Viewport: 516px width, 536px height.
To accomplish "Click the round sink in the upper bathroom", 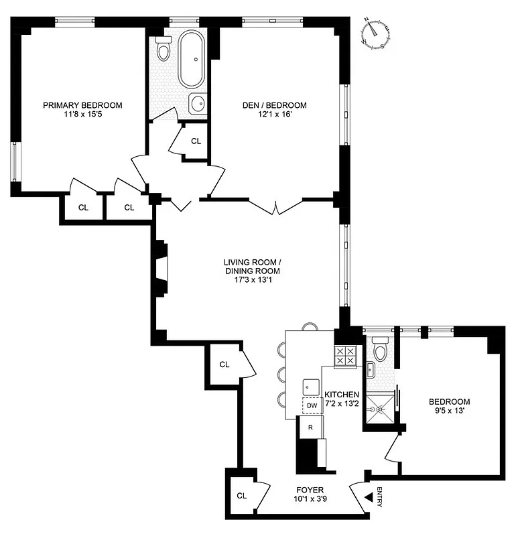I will coord(197,104).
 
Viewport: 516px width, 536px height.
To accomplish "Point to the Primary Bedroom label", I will coord(82,105).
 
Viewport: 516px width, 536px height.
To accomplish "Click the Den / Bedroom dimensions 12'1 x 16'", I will coord(274,115).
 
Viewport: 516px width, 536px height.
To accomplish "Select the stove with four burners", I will coord(346,356).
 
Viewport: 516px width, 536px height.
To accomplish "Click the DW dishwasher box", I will coord(312,405).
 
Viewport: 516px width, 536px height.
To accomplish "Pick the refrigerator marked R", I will coord(310,426).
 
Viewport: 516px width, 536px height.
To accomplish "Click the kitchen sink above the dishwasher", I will coord(311,386).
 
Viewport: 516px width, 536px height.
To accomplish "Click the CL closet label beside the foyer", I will coord(241,496).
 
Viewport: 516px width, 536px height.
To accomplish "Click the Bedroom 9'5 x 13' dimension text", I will coord(449,411).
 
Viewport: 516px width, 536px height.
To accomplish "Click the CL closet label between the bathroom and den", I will coord(196,141).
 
